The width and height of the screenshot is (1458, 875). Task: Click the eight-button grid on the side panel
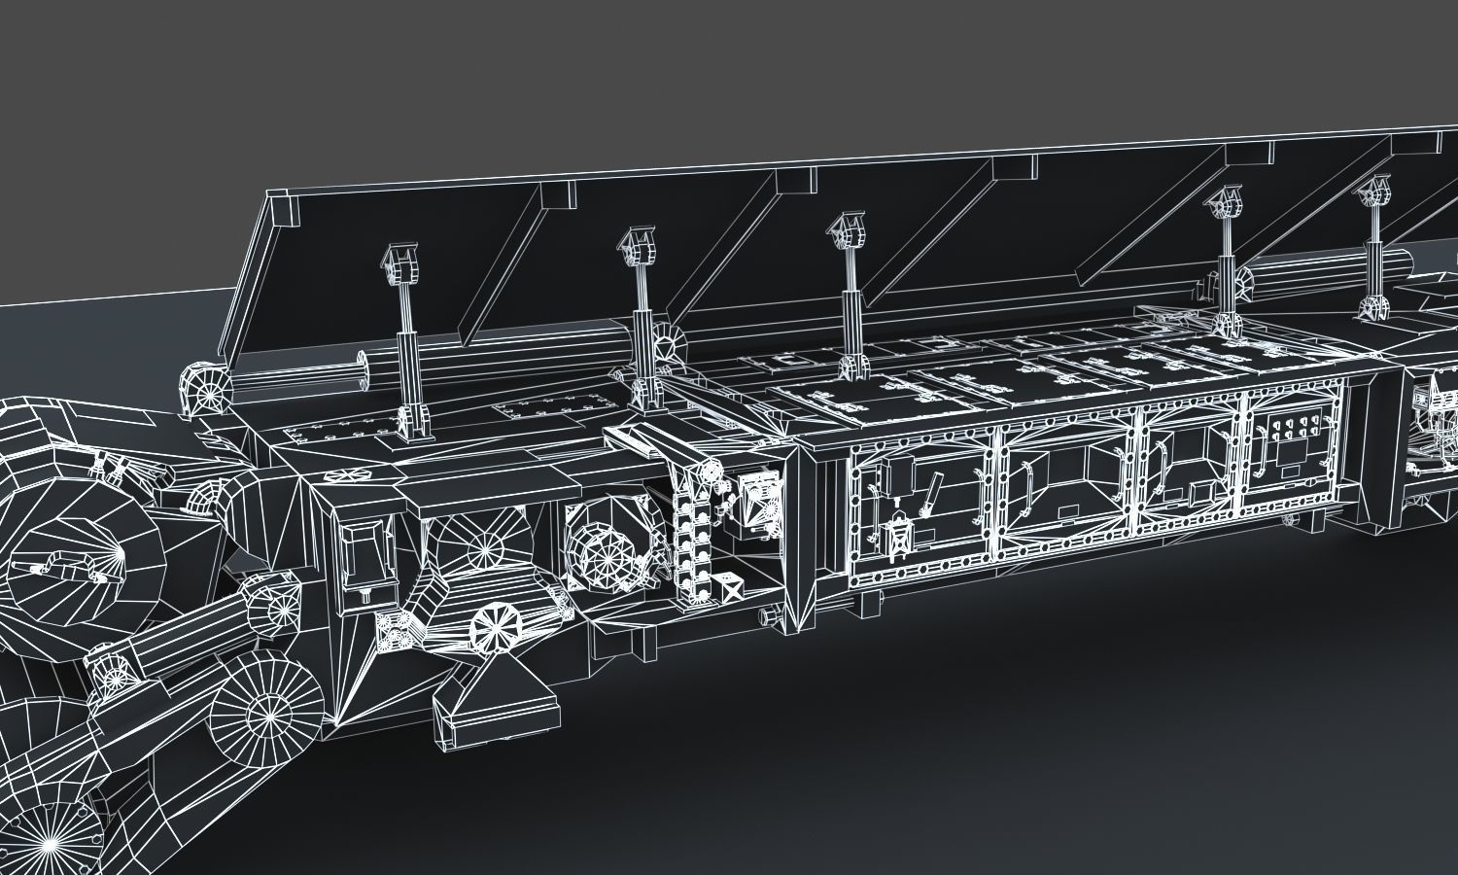pos(1292,434)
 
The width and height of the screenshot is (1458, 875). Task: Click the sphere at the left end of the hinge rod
pos(205,387)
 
